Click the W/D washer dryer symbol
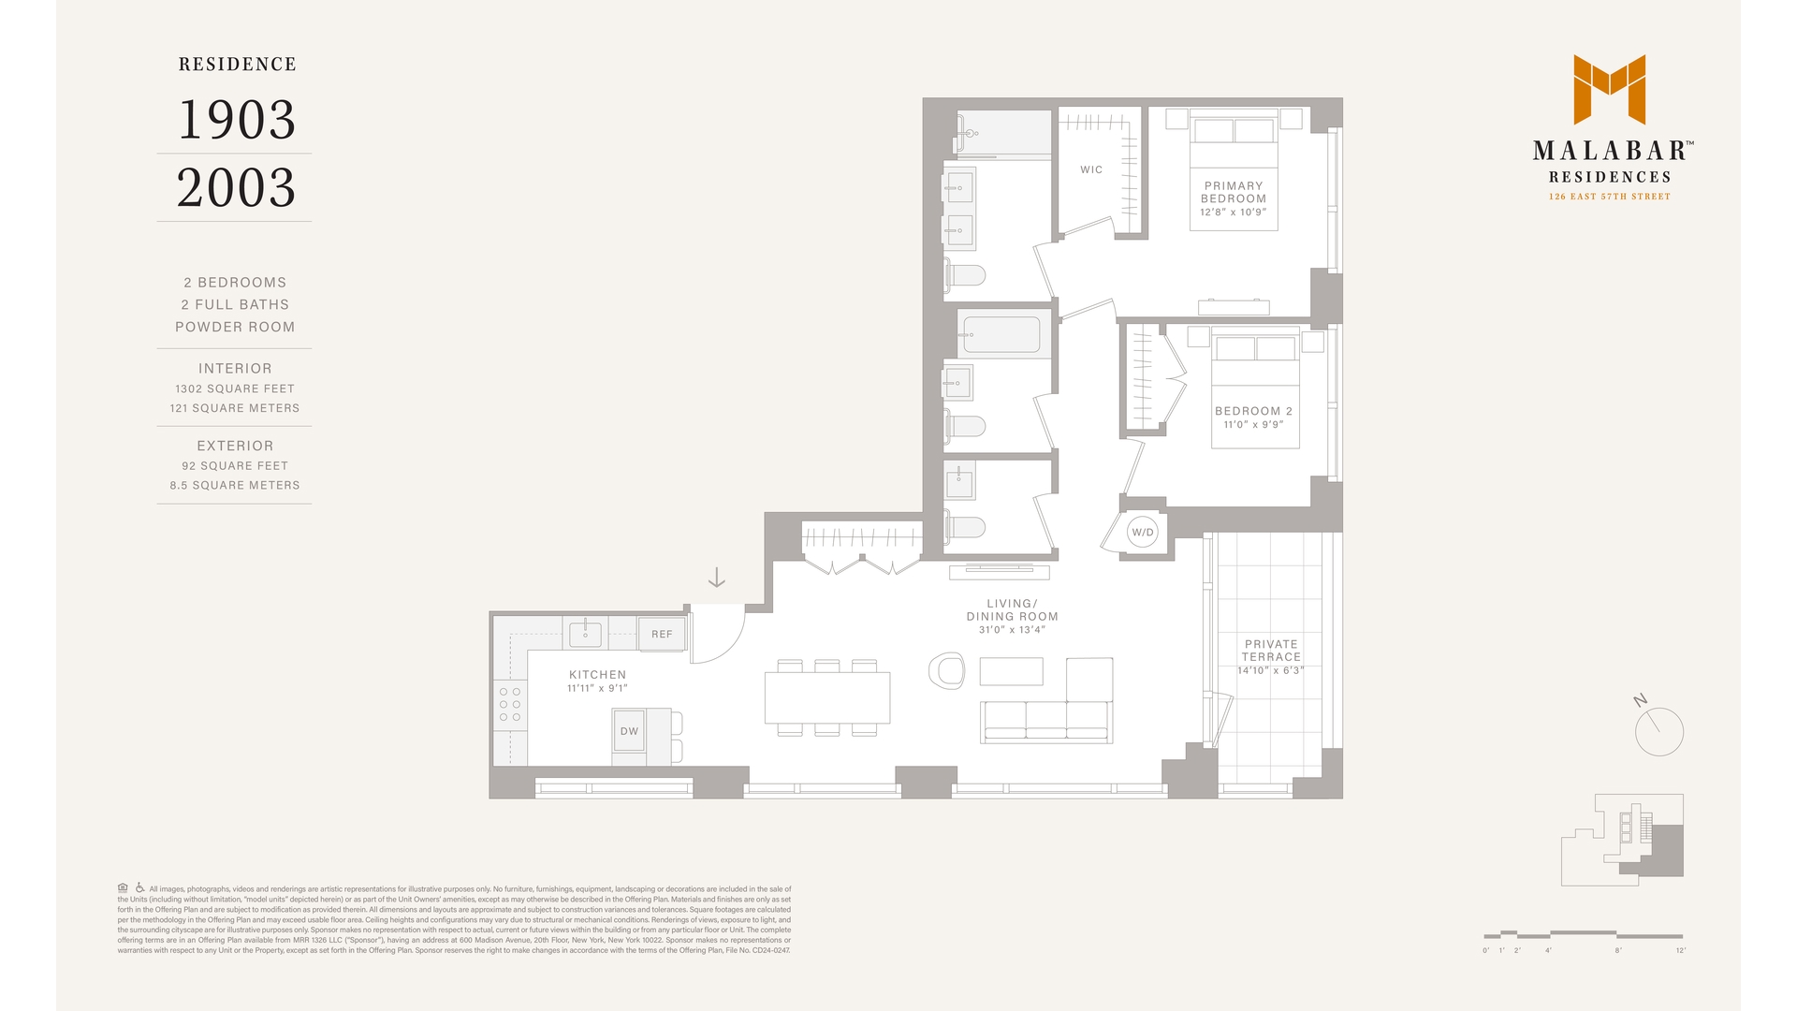tap(1142, 533)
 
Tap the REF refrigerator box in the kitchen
tap(662, 634)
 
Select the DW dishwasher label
tap(629, 731)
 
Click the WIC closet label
tap(1091, 169)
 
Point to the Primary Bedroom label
tap(1234, 192)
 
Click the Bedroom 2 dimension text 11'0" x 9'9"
tap(1253, 425)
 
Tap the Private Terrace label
tap(1271, 650)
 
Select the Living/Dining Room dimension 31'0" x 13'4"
tap(1012, 630)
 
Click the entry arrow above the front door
tap(716, 578)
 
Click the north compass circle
tap(1659, 732)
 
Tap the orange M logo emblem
tap(1610, 89)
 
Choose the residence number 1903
tap(236, 120)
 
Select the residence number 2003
tap(236, 187)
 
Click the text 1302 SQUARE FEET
tap(235, 388)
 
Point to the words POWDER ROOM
tap(235, 327)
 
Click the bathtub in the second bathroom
tap(1001, 335)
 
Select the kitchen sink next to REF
tap(586, 634)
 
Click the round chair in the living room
tap(947, 671)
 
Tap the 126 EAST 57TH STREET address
tap(1609, 197)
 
